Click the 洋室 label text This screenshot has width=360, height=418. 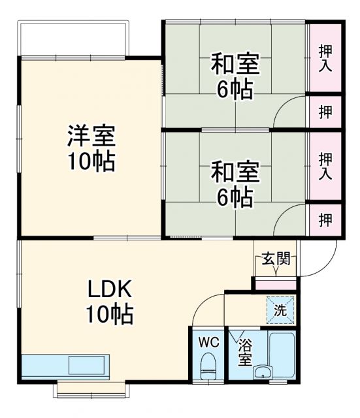[91, 137]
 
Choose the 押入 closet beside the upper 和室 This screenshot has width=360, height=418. [325, 57]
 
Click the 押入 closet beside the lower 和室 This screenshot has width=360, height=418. [325, 165]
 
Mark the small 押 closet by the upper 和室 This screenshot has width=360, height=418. [325, 112]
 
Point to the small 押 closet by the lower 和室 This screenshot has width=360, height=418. [325, 220]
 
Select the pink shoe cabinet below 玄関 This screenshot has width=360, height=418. [276, 284]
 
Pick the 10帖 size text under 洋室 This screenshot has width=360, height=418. [91, 161]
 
